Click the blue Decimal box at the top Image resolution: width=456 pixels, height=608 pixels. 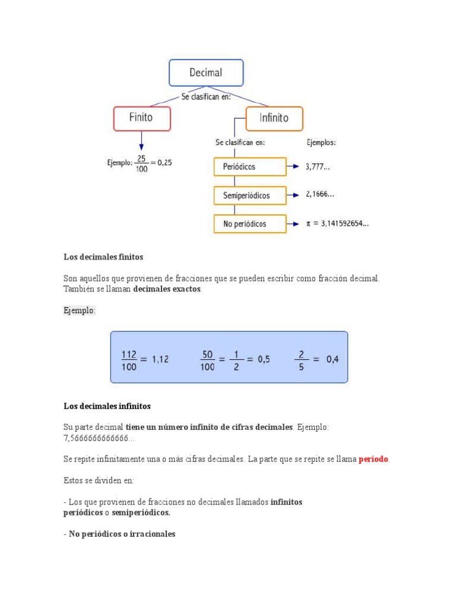pyautogui.click(x=206, y=73)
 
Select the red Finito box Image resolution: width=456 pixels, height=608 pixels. pyautogui.click(x=141, y=118)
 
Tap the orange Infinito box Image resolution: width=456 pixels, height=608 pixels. pyautogui.click(x=274, y=118)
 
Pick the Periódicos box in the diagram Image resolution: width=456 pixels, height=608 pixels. pyautogui.click(x=249, y=167)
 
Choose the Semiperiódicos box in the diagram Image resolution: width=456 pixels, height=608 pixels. pyautogui.click(x=249, y=195)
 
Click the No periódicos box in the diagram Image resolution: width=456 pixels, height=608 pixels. pyautogui.click(x=249, y=224)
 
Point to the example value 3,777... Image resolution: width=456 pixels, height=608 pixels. pyautogui.click(x=318, y=167)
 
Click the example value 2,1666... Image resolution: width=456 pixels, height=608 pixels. pyautogui.click(x=320, y=194)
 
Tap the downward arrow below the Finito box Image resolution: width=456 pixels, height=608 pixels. pyautogui.click(x=141, y=142)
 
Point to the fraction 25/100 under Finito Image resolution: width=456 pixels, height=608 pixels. pyautogui.click(x=141, y=163)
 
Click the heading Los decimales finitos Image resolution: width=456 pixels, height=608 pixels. pyautogui.click(x=103, y=257)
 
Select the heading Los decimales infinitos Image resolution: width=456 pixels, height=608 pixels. pyautogui.click(x=107, y=406)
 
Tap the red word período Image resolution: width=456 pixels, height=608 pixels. pyautogui.click(x=373, y=460)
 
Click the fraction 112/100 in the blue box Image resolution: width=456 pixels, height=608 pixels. pyautogui.click(x=129, y=360)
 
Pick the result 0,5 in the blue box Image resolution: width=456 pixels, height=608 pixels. pyautogui.click(x=264, y=360)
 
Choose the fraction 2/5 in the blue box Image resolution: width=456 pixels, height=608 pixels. pyautogui.click(x=301, y=360)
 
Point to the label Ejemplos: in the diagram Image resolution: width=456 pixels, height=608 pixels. pyautogui.click(x=321, y=142)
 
